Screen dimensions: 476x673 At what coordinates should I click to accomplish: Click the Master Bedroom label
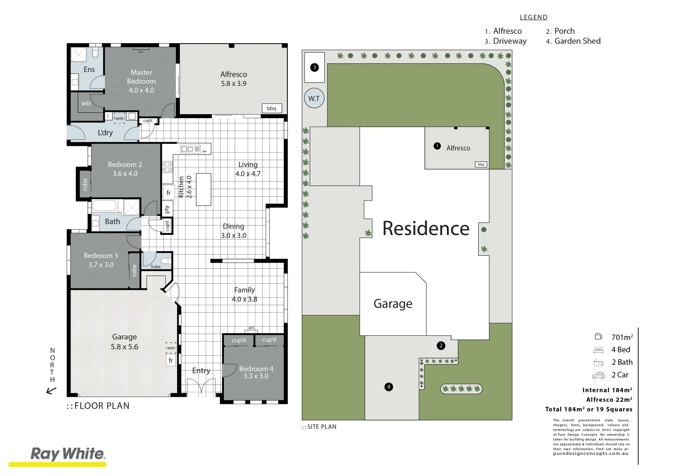coord(141,77)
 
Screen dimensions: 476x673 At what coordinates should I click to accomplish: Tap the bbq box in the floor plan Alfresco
coord(271,108)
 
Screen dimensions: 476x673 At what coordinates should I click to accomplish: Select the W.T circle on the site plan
coord(314,98)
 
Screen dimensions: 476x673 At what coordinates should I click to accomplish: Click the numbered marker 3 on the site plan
coord(314,67)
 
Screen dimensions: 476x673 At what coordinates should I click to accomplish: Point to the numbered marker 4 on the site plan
coord(388,387)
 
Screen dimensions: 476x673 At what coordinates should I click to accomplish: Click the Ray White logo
coord(67,454)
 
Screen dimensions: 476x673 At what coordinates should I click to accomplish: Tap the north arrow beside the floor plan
coord(52,390)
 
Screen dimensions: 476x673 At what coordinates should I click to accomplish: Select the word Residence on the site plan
coord(426,228)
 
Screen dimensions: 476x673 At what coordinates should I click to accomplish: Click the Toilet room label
coord(156,267)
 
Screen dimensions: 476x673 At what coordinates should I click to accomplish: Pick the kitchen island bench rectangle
coord(203,189)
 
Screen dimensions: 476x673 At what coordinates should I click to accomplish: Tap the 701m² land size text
coord(622,337)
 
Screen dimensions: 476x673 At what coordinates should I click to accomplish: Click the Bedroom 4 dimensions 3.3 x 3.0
coord(256,376)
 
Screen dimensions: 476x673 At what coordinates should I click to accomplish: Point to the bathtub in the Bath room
coord(104,206)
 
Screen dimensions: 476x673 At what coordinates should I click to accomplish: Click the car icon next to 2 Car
coord(599,375)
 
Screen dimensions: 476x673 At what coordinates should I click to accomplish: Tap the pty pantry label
coord(167,209)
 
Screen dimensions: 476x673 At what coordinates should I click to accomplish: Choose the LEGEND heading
coord(533,17)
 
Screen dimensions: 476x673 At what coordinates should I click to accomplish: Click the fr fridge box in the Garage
coord(171,361)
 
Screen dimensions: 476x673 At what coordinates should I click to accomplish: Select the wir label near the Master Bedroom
coord(86,103)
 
